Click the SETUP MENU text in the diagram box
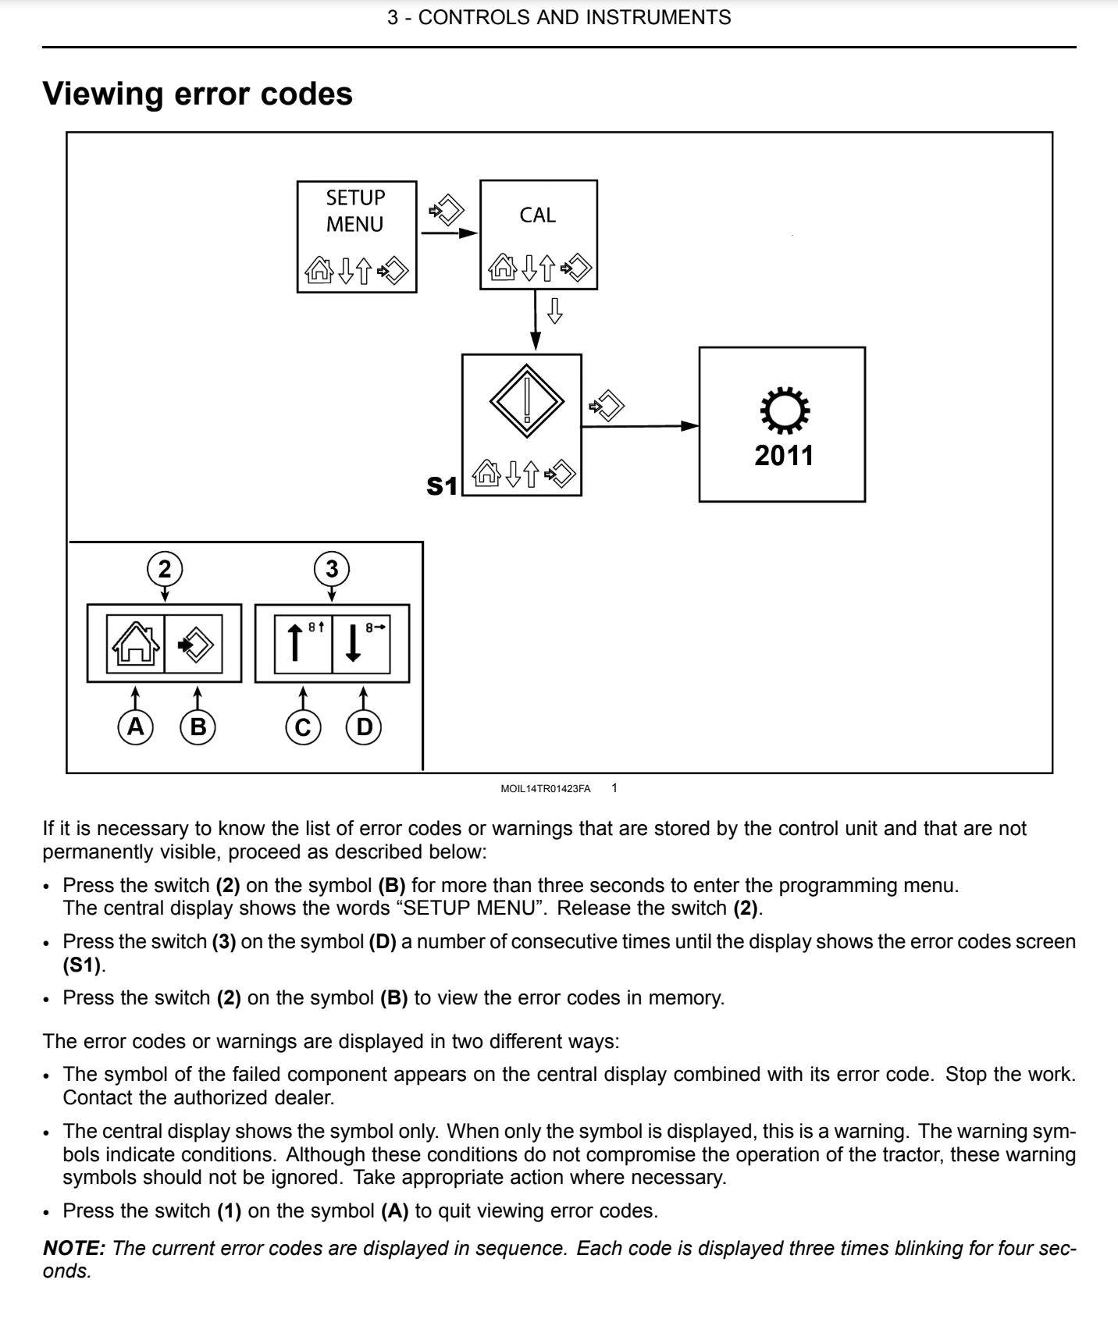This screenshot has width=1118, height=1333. tap(355, 211)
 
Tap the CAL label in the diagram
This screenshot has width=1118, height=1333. tap(538, 215)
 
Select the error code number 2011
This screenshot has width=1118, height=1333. tap(784, 456)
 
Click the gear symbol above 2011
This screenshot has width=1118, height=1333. tap(785, 411)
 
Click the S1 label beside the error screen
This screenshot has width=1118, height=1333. tap(442, 486)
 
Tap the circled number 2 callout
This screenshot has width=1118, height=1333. tap(164, 569)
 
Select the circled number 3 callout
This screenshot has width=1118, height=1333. tap(332, 569)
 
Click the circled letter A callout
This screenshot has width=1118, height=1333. tap(136, 727)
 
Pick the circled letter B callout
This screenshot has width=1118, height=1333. tap(198, 727)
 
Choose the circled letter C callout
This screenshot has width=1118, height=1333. tap(303, 727)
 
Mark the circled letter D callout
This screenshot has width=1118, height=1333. tap(364, 727)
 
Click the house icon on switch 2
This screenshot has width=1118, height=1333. tap(136, 644)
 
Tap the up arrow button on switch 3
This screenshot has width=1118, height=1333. tap(304, 644)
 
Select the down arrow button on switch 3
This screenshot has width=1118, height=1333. tap(361, 644)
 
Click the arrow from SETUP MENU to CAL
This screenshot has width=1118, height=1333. tap(449, 233)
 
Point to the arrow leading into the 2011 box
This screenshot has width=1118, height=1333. tap(640, 426)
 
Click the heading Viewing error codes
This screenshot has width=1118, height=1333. tap(198, 94)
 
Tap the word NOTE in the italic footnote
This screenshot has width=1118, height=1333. tap(73, 1248)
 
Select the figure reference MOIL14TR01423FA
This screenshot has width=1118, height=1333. tap(546, 789)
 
